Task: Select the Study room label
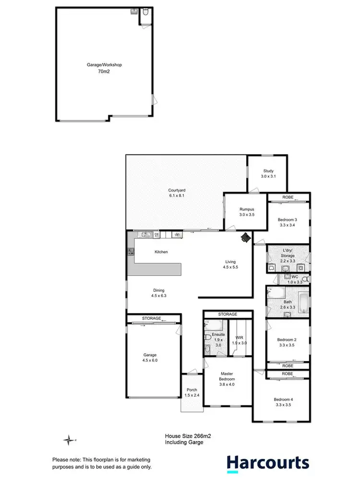268,171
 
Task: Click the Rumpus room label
246,209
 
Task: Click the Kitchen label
161,252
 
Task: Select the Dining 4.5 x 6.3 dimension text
158,296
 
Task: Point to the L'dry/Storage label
288,253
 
